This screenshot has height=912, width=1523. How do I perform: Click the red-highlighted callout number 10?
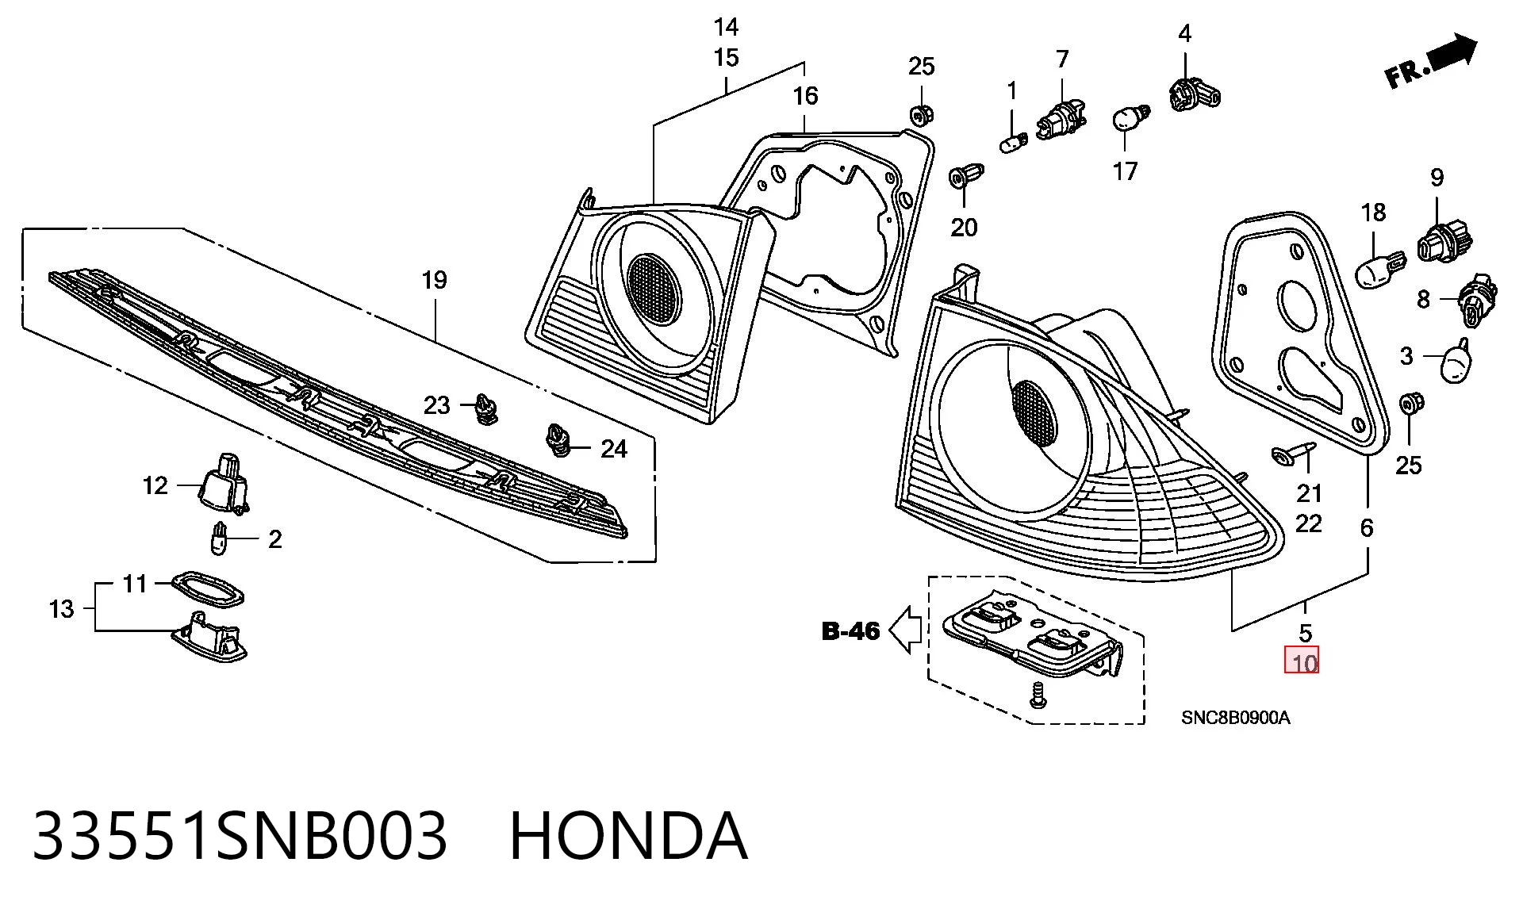click(1305, 662)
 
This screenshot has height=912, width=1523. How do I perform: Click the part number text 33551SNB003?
click(240, 835)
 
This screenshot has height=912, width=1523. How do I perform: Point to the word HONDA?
click(627, 835)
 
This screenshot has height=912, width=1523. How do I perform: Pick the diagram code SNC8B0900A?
click(1235, 718)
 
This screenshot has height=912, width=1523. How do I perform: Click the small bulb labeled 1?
click(1012, 144)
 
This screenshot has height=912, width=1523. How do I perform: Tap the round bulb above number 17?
click(1128, 119)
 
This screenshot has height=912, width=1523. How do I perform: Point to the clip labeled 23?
click(485, 406)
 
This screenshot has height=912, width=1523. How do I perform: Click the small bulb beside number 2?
click(219, 539)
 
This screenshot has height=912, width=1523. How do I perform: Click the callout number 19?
click(435, 280)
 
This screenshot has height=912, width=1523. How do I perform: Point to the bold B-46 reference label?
click(851, 631)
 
